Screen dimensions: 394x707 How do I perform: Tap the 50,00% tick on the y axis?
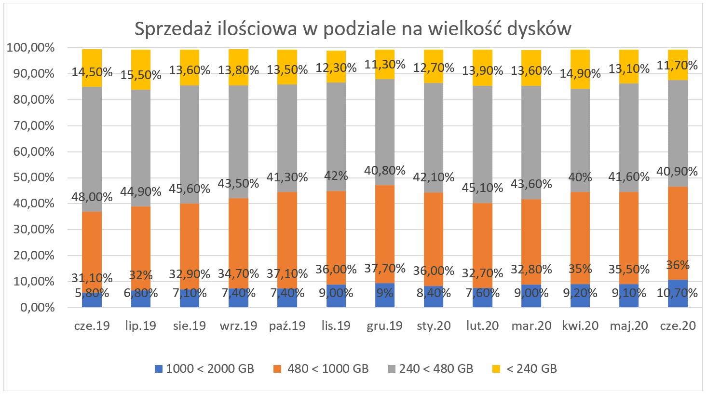[x=30, y=177]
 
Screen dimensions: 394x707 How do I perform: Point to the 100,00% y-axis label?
[x=30, y=48]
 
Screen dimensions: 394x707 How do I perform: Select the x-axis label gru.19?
[x=384, y=326]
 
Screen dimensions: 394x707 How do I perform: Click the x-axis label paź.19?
[x=287, y=326]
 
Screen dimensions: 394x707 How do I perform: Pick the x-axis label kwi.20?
[x=580, y=326]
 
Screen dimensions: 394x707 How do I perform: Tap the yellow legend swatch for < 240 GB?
[x=496, y=369]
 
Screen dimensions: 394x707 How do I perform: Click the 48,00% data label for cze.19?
[x=92, y=197]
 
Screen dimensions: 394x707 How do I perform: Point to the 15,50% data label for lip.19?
[x=140, y=75]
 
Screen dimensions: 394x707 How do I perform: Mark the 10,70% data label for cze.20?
[x=677, y=293]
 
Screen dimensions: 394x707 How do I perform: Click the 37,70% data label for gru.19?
[x=384, y=268]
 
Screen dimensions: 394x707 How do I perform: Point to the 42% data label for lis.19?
[x=336, y=176]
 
